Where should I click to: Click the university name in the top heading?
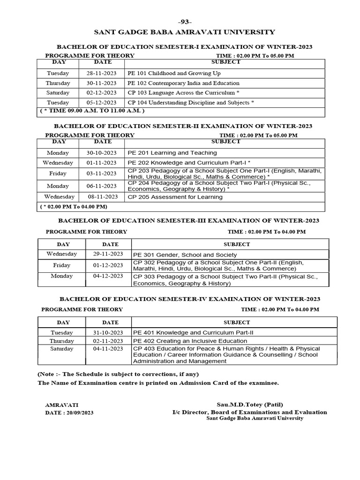(184, 32)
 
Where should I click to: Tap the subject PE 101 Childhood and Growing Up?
(173, 74)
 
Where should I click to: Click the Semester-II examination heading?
(183, 126)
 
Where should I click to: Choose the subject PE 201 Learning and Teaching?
(172, 153)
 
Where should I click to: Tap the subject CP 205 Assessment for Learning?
(175, 197)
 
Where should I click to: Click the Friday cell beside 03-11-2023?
(58, 173)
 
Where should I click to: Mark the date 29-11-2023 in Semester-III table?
(109, 254)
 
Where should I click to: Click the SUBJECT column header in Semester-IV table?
(237, 322)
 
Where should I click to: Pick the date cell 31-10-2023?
(109, 332)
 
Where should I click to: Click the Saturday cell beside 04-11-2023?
(61, 349)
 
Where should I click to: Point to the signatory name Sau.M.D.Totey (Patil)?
(249, 405)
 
